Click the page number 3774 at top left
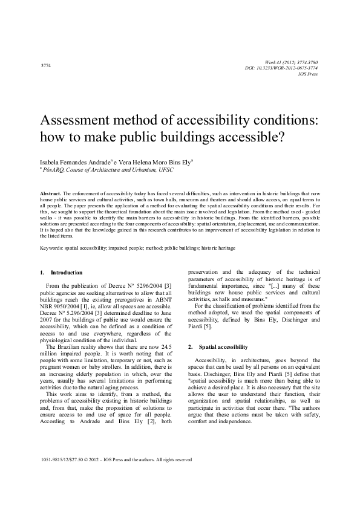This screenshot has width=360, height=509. pos(45,65)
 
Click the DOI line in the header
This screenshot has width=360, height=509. pos(290,68)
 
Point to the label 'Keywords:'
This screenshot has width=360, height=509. pos(50,248)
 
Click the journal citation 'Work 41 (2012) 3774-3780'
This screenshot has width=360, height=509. pos(292,63)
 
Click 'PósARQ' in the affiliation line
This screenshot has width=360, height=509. pos(51,170)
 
